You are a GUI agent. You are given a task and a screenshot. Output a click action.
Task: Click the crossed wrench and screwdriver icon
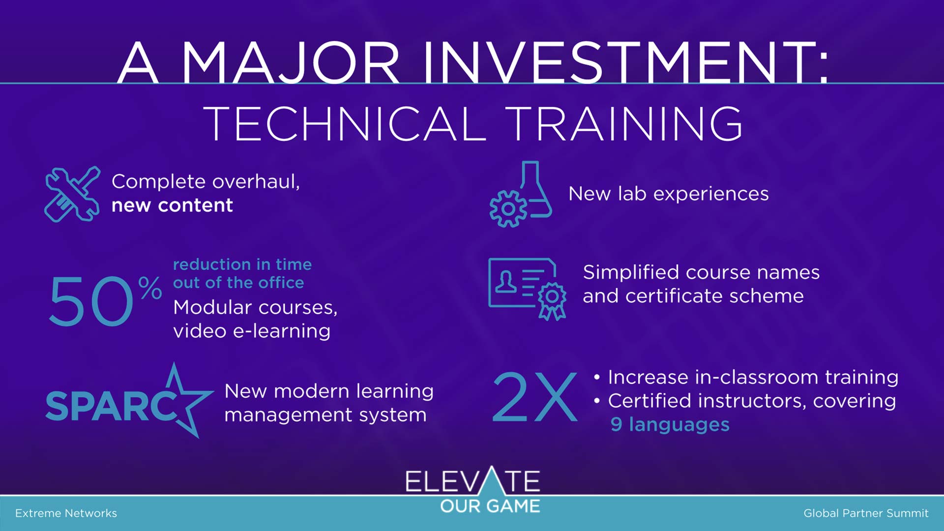click(x=72, y=194)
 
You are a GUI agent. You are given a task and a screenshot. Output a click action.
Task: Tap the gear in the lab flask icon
click(x=508, y=209)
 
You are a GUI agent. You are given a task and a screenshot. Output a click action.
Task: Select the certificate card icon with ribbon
click(x=527, y=289)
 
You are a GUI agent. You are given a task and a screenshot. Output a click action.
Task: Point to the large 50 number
click(x=91, y=301)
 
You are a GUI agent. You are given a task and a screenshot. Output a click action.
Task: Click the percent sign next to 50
click(x=150, y=288)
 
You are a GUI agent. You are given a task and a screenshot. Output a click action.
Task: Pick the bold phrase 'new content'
click(x=172, y=205)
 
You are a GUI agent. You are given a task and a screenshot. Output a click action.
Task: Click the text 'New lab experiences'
click(x=669, y=194)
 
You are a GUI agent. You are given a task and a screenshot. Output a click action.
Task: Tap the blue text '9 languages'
click(x=670, y=424)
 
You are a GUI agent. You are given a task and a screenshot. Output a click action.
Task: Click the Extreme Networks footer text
click(x=66, y=513)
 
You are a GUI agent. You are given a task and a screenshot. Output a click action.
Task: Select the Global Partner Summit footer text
click(x=866, y=513)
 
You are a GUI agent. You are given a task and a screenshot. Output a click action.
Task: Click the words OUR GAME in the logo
click(x=490, y=506)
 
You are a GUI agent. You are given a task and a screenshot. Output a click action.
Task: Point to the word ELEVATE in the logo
click(x=473, y=480)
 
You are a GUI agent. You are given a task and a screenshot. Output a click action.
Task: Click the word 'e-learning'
click(x=282, y=331)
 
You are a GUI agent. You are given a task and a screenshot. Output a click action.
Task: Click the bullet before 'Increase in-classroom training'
click(x=597, y=378)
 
